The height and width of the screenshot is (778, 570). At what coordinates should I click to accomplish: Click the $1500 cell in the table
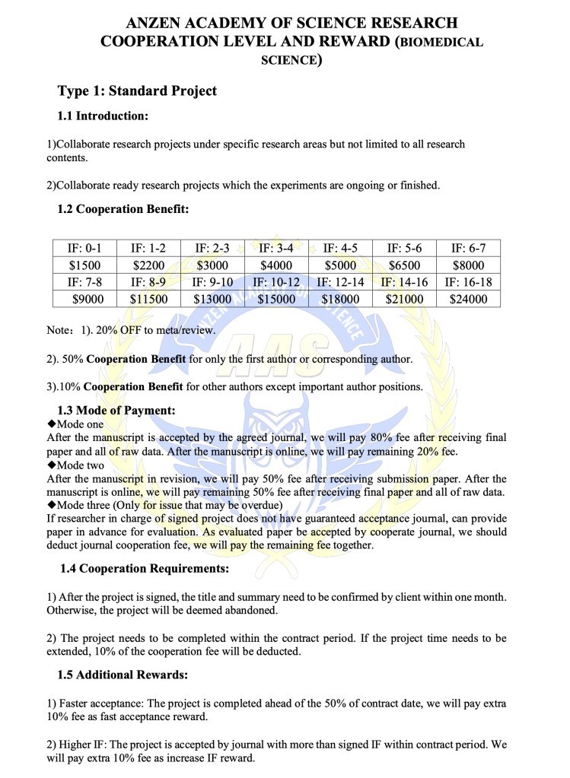coord(84,265)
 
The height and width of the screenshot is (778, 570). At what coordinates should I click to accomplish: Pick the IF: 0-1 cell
coord(84,248)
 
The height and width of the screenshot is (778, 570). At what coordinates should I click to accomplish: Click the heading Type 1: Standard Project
coord(137,91)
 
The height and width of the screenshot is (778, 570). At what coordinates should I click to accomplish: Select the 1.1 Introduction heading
coord(103,116)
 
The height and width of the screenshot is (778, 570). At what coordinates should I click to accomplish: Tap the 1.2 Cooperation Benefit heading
coord(123,208)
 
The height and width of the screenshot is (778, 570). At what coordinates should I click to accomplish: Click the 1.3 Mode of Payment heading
coord(116,410)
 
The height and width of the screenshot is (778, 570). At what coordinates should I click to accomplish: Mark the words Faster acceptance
coord(99,703)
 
